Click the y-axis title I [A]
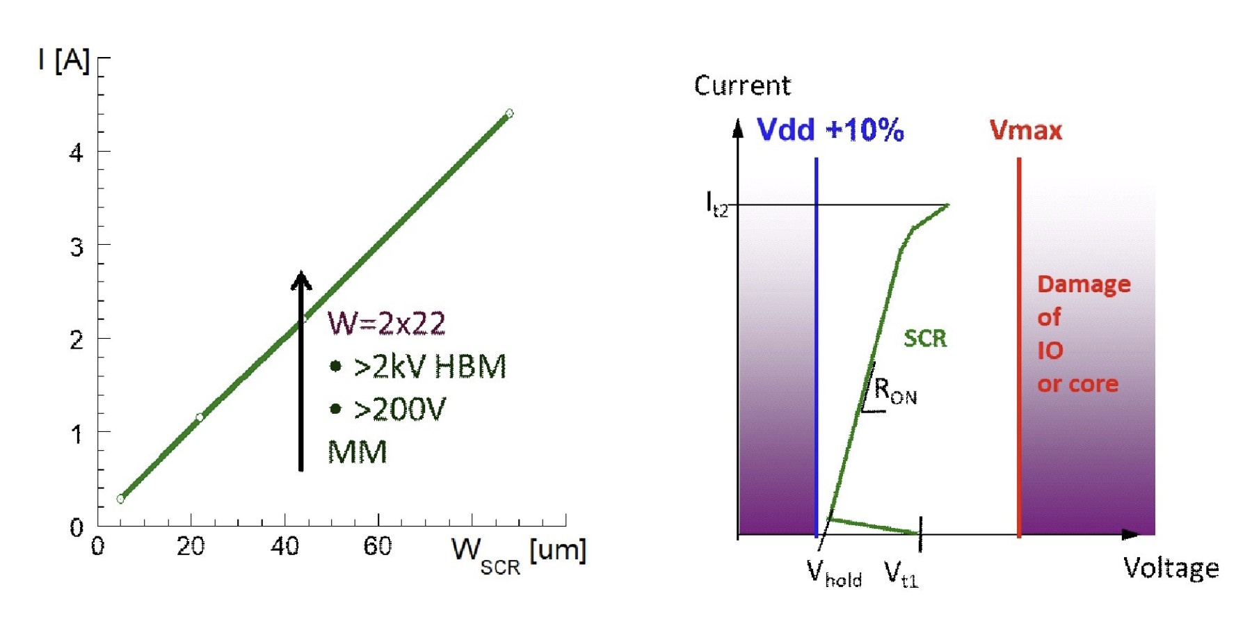coord(64,61)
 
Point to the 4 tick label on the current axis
coord(77,152)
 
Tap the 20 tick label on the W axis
coord(190,547)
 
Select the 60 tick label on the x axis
coord(378,547)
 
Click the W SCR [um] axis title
coord(518,554)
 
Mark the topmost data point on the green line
coord(509,113)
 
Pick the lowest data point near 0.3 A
coord(120,499)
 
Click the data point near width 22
coord(200,417)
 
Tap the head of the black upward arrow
coord(300,280)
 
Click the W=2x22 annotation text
coord(387,323)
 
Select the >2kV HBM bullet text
coord(429,367)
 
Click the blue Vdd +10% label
coord(830,130)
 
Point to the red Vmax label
coord(1026,131)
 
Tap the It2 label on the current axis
coord(717,205)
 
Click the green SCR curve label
coord(925,339)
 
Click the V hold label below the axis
coord(834,574)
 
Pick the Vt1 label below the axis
coord(901,575)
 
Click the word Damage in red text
coord(1084,285)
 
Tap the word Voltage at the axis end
coord(1171,568)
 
